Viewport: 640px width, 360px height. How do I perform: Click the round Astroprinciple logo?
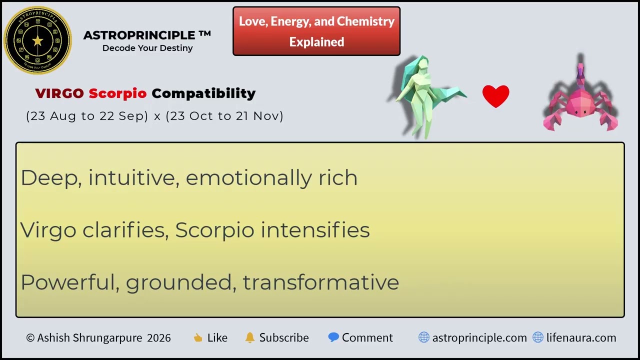click(x=37, y=40)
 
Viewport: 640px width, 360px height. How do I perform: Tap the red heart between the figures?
click(x=495, y=96)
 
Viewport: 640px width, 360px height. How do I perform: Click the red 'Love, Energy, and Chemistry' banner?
click(x=316, y=31)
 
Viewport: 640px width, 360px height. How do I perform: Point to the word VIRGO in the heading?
click(x=59, y=93)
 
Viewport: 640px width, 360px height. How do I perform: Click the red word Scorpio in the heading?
click(x=117, y=93)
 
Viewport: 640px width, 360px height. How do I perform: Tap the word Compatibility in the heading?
click(x=203, y=93)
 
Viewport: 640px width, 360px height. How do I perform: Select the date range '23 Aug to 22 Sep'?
click(x=87, y=116)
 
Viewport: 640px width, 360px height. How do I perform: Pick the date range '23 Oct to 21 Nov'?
click(x=224, y=116)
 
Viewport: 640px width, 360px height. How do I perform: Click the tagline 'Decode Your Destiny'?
click(x=147, y=48)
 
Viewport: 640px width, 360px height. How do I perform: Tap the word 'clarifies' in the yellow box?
click(x=125, y=230)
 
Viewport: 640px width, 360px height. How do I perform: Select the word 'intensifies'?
click(x=315, y=230)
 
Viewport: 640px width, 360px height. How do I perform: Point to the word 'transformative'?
click(x=320, y=282)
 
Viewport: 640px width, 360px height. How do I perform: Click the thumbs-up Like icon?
click(x=198, y=338)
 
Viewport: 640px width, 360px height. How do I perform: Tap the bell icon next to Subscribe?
click(x=250, y=337)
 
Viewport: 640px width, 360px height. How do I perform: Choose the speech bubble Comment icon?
click(x=333, y=337)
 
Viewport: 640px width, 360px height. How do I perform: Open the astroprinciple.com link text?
click(x=479, y=338)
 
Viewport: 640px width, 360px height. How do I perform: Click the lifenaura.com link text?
click(x=581, y=338)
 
